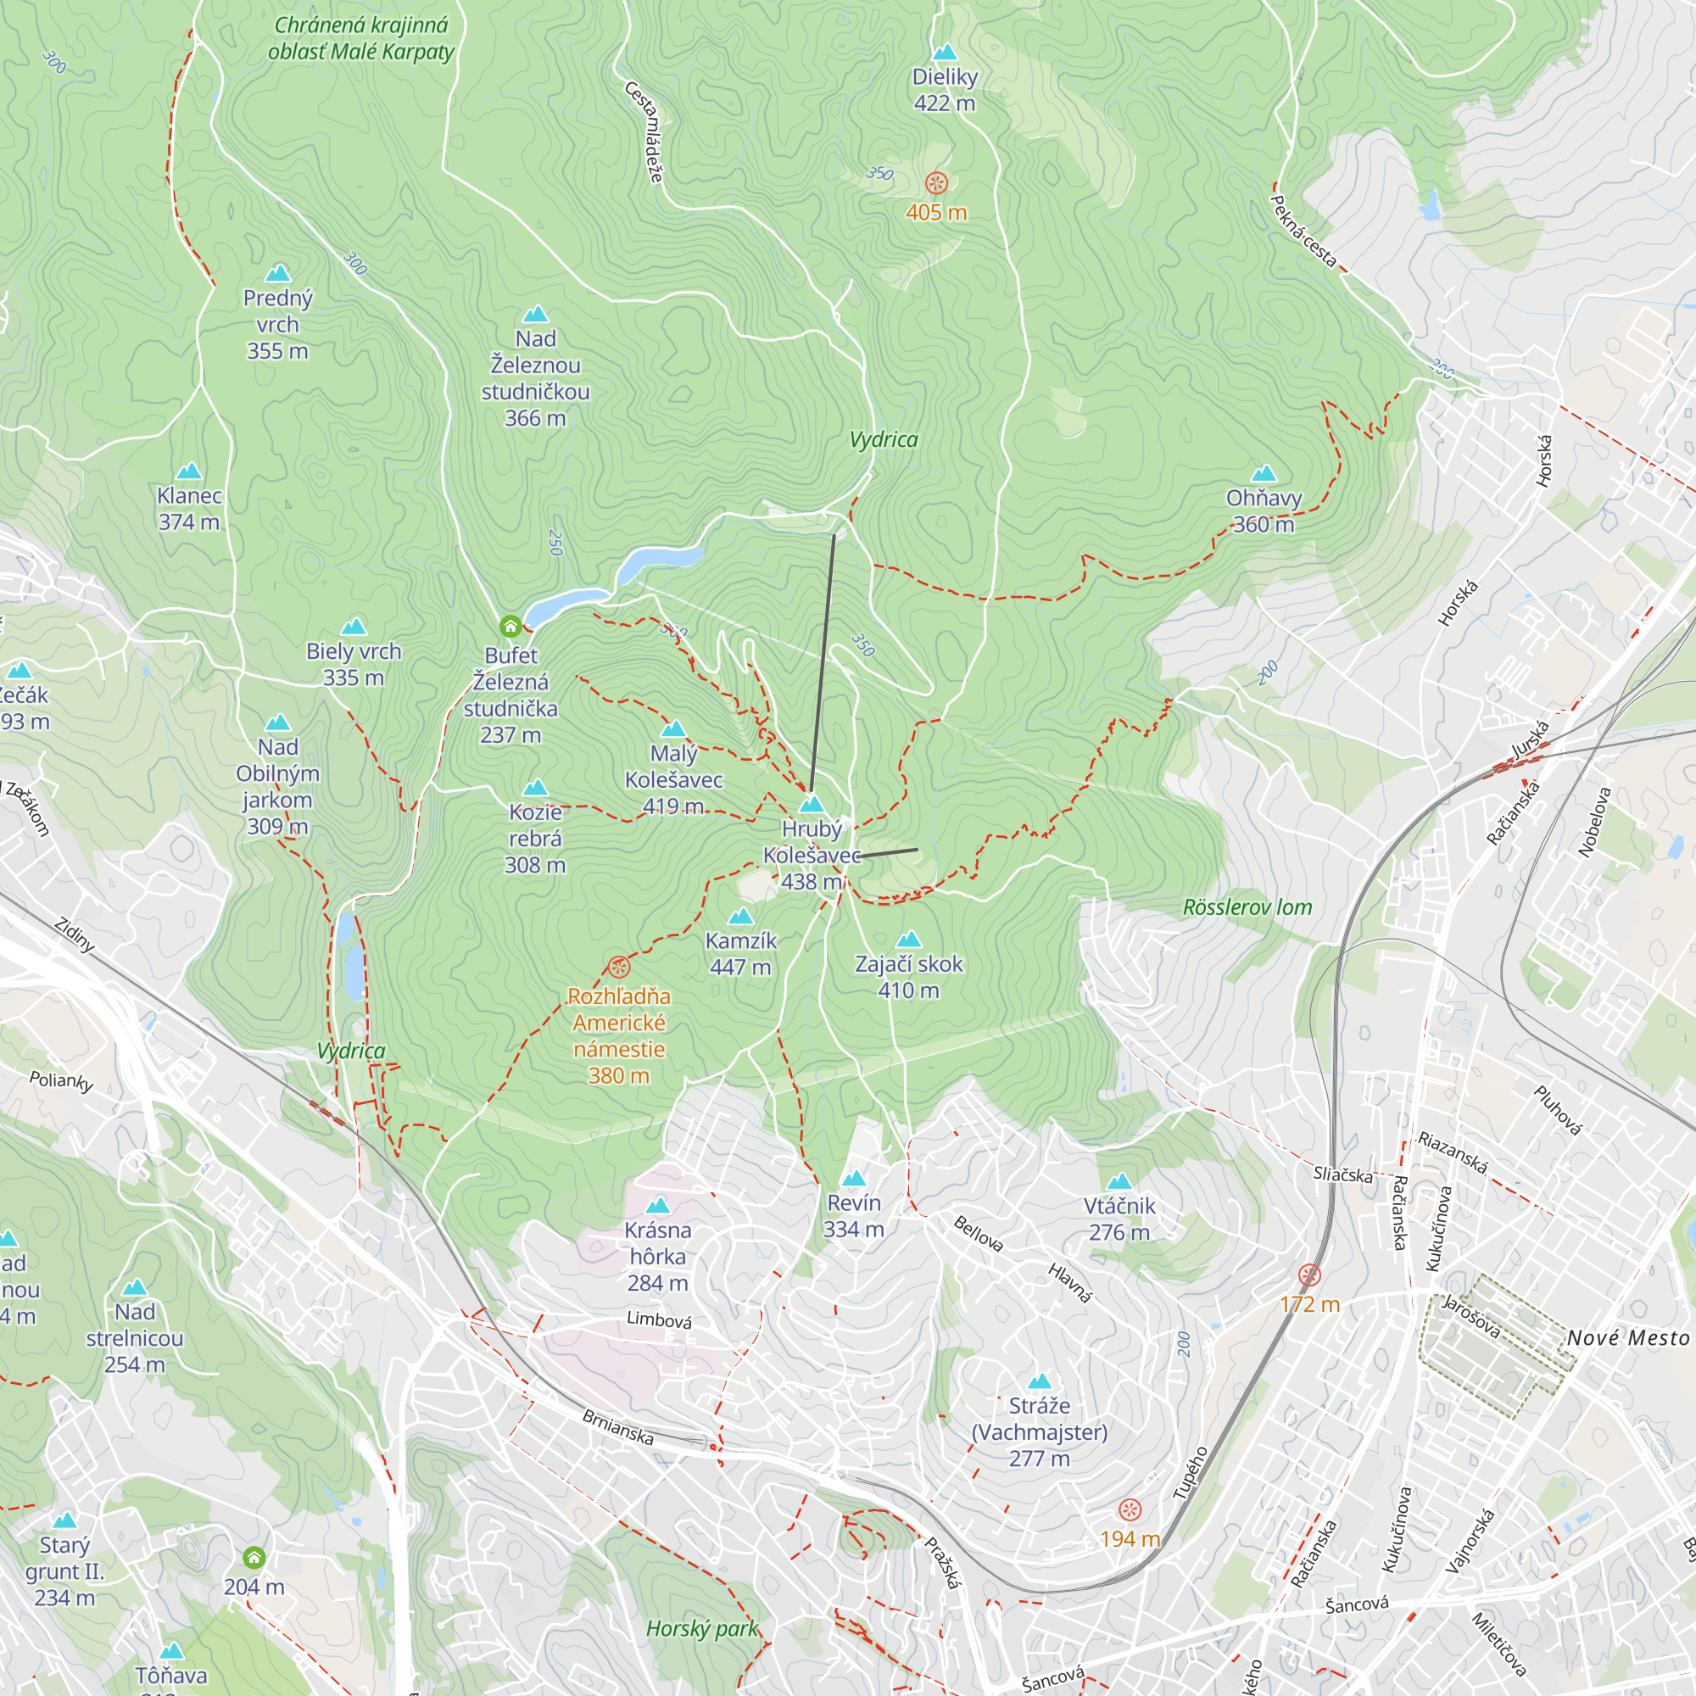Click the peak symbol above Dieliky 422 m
point(945,52)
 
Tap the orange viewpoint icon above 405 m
point(937,182)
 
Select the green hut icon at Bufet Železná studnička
point(510,626)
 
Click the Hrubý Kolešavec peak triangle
point(812,804)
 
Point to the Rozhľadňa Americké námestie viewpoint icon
point(619,968)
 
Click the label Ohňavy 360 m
point(1264,510)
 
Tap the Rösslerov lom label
point(1247,907)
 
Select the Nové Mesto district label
point(1627,1338)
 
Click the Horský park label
point(701,1629)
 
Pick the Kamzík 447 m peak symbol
point(741,917)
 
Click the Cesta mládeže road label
point(644,131)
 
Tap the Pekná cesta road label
point(1303,231)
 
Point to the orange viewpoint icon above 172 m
point(1308,1275)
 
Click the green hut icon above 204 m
point(254,1558)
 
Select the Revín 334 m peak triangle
point(853,1179)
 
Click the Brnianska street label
point(618,1427)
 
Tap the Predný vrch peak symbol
point(277,273)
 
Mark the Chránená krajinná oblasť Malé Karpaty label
point(360,39)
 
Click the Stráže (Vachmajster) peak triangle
point(1040,1381)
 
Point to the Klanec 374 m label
point(189,508)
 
